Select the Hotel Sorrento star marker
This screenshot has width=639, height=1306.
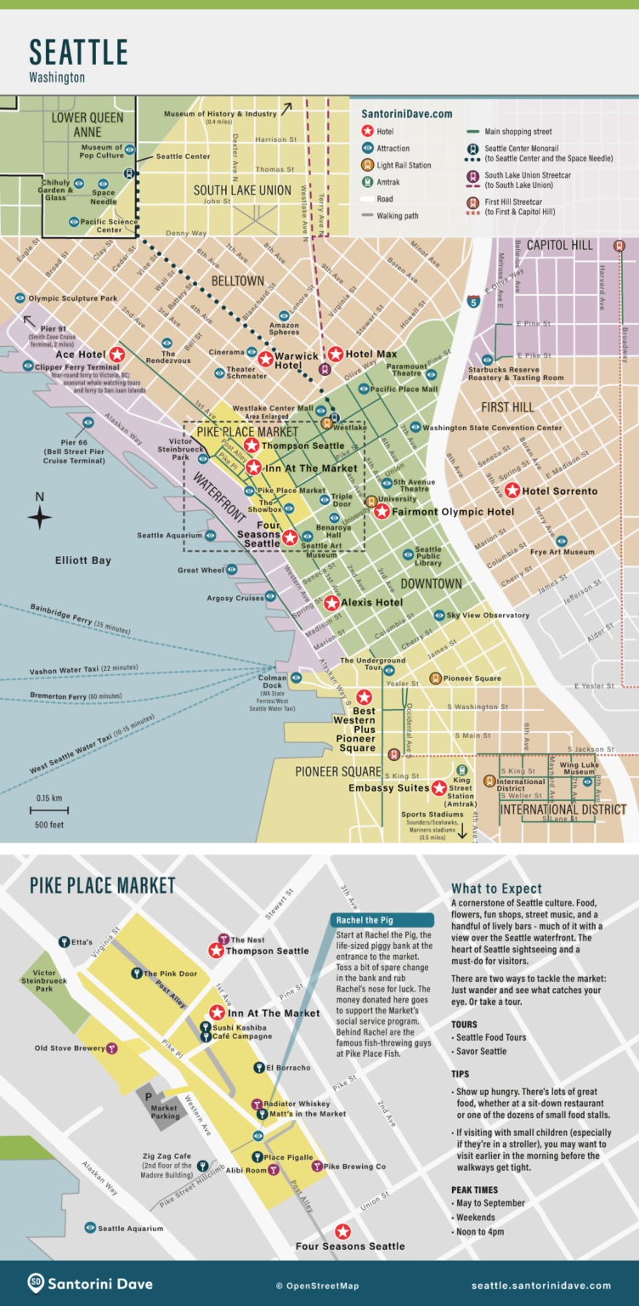tap(512, 491)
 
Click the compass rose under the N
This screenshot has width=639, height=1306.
tap(39, 517)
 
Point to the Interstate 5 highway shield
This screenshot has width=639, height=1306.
tap(472, 301)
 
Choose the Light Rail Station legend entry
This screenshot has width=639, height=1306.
tap(404, 165)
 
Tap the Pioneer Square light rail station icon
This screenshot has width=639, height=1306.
tap(435, 679)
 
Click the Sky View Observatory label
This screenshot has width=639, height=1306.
tap(487, 616)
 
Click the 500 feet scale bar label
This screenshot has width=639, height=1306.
tap(49, 825)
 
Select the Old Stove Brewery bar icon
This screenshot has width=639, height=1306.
tap(111, 1048)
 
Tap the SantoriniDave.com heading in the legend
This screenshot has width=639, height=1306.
tap(407, 114)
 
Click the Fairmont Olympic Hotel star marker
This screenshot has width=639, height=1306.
tap(382, 512)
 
